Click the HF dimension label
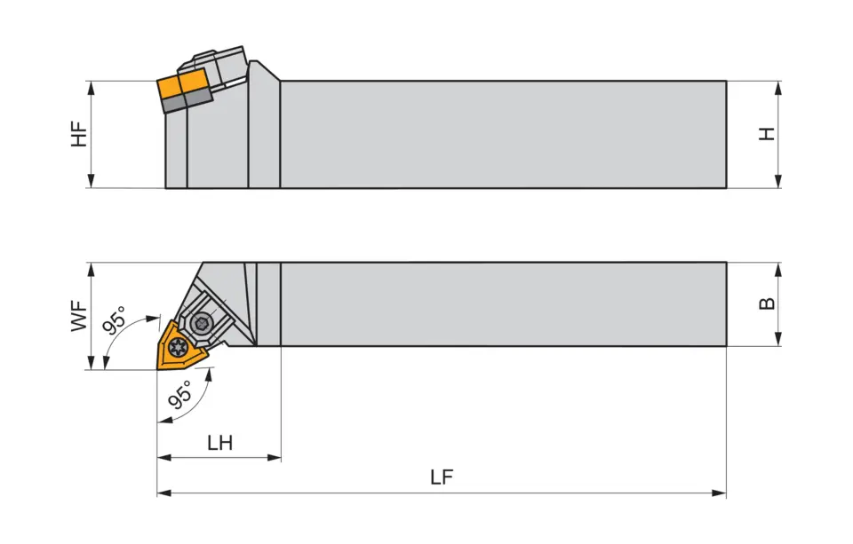click(80, 134)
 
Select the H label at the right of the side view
click(767, 134)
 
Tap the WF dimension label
click(80, 316)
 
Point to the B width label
click(767, 304)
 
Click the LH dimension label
click(219, 443)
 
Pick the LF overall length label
click(442, 477)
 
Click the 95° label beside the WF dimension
click(115, 319)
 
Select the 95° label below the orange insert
click(180, 396)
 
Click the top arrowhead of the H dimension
click(778, 87)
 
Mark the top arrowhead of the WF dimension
click(91, 269)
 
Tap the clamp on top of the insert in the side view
click(218, 64)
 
